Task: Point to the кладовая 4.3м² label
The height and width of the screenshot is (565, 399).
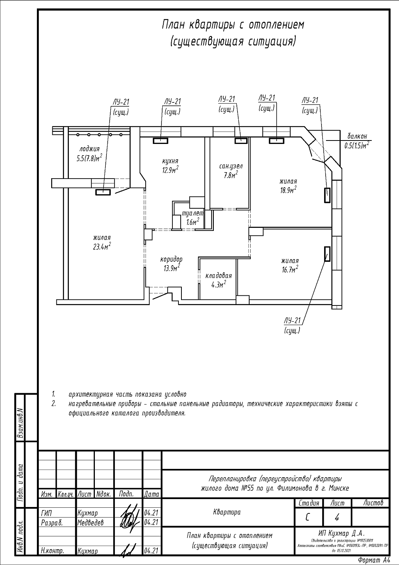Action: [218, 279]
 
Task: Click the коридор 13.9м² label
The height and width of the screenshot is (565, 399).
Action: [171, 263]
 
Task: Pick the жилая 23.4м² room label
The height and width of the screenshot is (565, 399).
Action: [102, 242]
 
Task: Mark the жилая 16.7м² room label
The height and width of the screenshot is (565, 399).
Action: [290, 264]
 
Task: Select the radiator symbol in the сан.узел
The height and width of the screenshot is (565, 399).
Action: [241, 141]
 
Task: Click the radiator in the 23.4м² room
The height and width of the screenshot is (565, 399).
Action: [103, 192]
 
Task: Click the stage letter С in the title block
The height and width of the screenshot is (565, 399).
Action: [308, 518]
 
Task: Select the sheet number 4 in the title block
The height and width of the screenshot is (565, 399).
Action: [337, 518]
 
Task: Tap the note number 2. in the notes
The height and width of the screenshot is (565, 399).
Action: [54, 404]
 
